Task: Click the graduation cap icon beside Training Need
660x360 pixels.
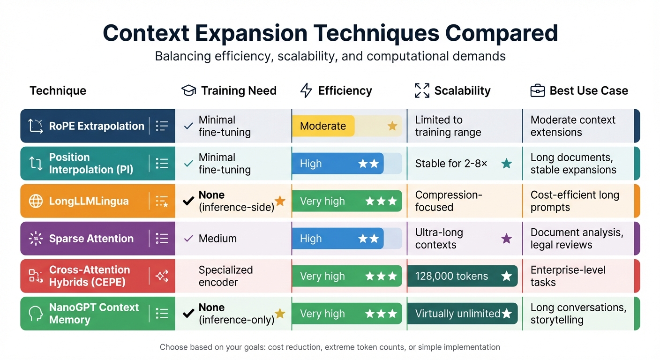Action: tap(188, 90)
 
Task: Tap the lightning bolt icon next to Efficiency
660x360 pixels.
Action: tap(306, 90)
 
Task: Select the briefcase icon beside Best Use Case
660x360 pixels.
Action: tap(537, 90)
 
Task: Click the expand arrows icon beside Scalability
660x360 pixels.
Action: tap(422, 90)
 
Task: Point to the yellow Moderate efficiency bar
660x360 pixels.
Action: tap(323, 126)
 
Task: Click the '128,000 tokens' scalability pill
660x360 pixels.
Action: tap(462, 276)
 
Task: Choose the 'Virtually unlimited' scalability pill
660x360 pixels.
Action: tap(462, 314)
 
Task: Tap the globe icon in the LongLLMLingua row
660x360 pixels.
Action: tap(36, 201)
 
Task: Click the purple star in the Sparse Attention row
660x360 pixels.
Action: tap(506, 239)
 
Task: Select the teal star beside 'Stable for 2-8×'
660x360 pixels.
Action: tap(506, 164)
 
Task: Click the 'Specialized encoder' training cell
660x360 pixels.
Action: tap(225, 276)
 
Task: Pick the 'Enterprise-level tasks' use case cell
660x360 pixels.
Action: tap(568, 276)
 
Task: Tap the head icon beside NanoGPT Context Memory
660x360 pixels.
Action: tap(36, 314)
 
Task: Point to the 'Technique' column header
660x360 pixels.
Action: tap(58, 90)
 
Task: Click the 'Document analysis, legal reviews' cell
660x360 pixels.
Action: tap(577, 239)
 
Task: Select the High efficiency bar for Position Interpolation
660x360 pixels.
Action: tap(337, 164)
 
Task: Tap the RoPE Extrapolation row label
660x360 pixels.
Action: tap(96, 126)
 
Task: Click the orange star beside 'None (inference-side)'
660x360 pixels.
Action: tap(280, 201)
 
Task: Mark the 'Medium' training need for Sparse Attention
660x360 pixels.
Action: tap(217, 239)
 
